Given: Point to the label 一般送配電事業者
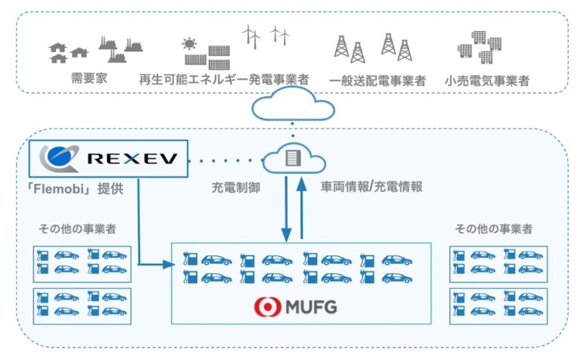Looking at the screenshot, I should point(377,79).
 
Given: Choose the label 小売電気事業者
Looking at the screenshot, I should point(487,79).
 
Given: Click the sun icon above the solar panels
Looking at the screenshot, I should point(189,43).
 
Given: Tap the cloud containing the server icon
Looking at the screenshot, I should point(294,160).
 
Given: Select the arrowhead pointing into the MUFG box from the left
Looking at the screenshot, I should point(169,265).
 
